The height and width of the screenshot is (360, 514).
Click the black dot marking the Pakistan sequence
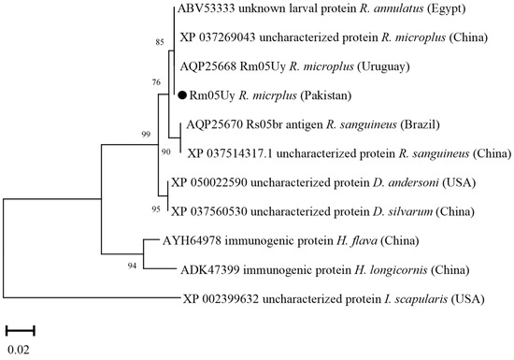point(181,94)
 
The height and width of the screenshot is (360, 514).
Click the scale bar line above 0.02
point(21,330)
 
